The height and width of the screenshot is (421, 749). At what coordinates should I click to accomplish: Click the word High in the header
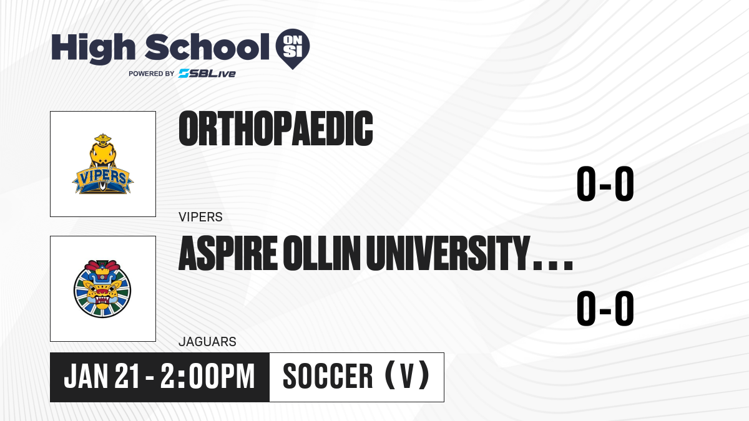(x=94, y=49)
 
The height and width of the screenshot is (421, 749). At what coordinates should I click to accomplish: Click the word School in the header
(x=207, y=47)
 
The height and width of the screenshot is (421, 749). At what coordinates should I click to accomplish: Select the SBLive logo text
(x=207, y=73)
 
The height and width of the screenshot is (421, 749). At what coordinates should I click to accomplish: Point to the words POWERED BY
(x=152, y=74)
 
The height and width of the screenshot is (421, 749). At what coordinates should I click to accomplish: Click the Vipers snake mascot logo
(x=102, y=163)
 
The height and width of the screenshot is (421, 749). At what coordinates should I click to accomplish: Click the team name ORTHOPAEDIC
(x=275, y=128)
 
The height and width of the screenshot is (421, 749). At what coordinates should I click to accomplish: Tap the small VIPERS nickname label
(x=200, y=217)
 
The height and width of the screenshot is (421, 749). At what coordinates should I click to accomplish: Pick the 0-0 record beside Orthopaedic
(x=605, y=184)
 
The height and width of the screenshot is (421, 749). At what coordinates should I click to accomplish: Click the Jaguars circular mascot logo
(x=102, y=289)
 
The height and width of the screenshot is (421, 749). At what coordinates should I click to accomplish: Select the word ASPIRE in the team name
(x=228, y=253)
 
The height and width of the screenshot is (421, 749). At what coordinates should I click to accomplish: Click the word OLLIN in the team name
(x=323, y=253)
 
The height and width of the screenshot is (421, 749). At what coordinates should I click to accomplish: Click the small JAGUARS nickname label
(x=207, y=342)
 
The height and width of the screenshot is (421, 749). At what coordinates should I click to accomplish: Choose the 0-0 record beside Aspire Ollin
(x=605, y=308)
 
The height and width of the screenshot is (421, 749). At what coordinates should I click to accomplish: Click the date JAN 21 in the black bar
(x=101, y=376)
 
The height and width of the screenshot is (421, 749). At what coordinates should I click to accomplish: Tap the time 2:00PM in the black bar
(x=208, y=376)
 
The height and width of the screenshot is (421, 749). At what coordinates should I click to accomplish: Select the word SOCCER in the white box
(x=328, y=376)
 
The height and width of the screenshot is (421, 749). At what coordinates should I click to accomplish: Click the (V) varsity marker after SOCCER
(x=407, y=375)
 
